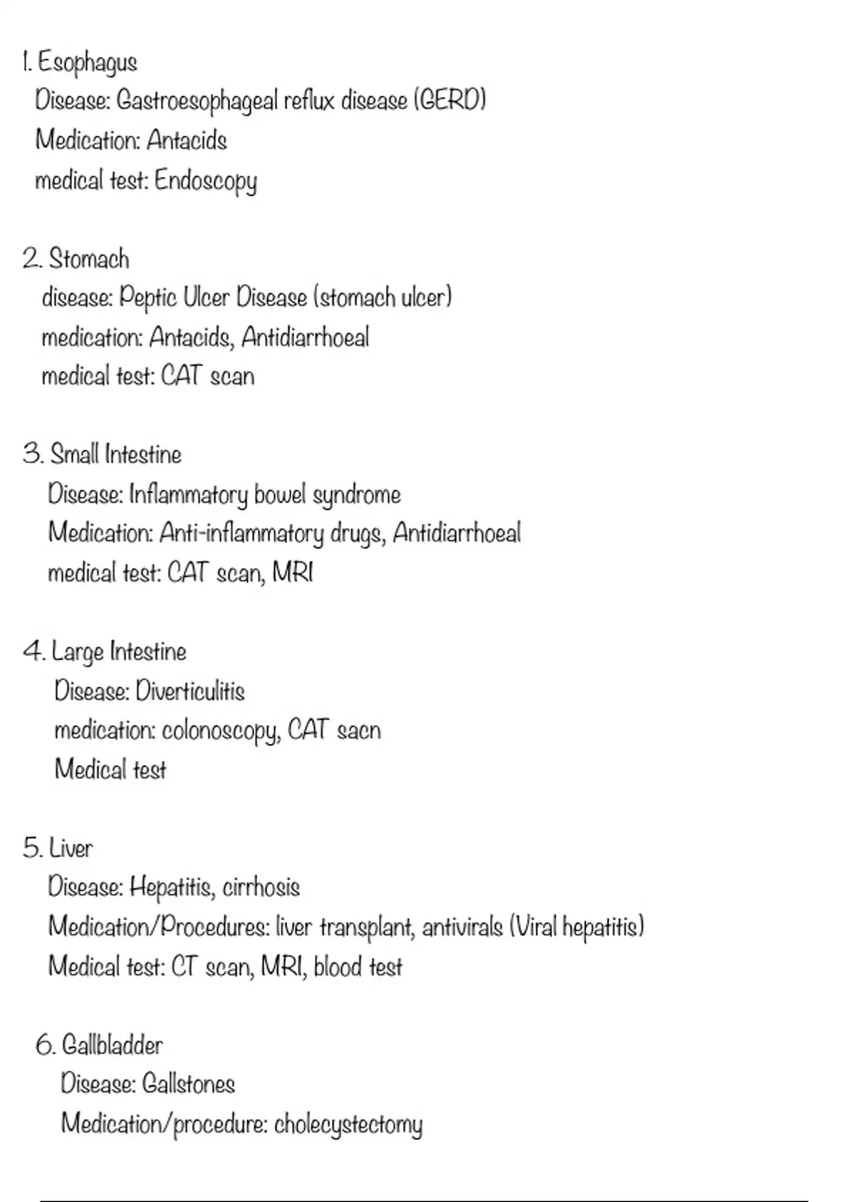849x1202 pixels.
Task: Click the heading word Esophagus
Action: coord(87,63)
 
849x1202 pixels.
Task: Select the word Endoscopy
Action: coord(205,182)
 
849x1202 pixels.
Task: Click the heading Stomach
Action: coord(89,259)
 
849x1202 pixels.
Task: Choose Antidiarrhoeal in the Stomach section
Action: coord(305,338)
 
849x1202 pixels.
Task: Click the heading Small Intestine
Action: coord(116,455)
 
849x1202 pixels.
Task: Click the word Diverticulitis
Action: coord(190,691)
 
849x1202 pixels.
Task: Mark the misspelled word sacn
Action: coord(359,730)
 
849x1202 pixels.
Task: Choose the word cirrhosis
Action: coord(261,887)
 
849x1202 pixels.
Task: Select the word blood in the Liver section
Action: coord(337,967)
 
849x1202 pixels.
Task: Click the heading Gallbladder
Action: coord(112,1045)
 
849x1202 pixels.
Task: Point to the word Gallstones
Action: coord(188,1084)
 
